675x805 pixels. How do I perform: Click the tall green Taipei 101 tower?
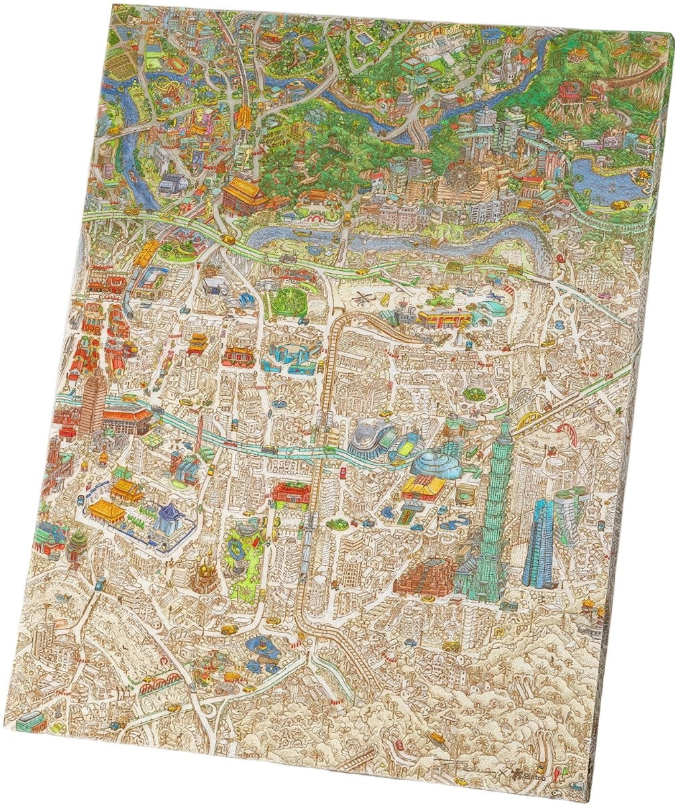pos(495,510)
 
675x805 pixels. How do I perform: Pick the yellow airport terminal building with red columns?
pos(442,315)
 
